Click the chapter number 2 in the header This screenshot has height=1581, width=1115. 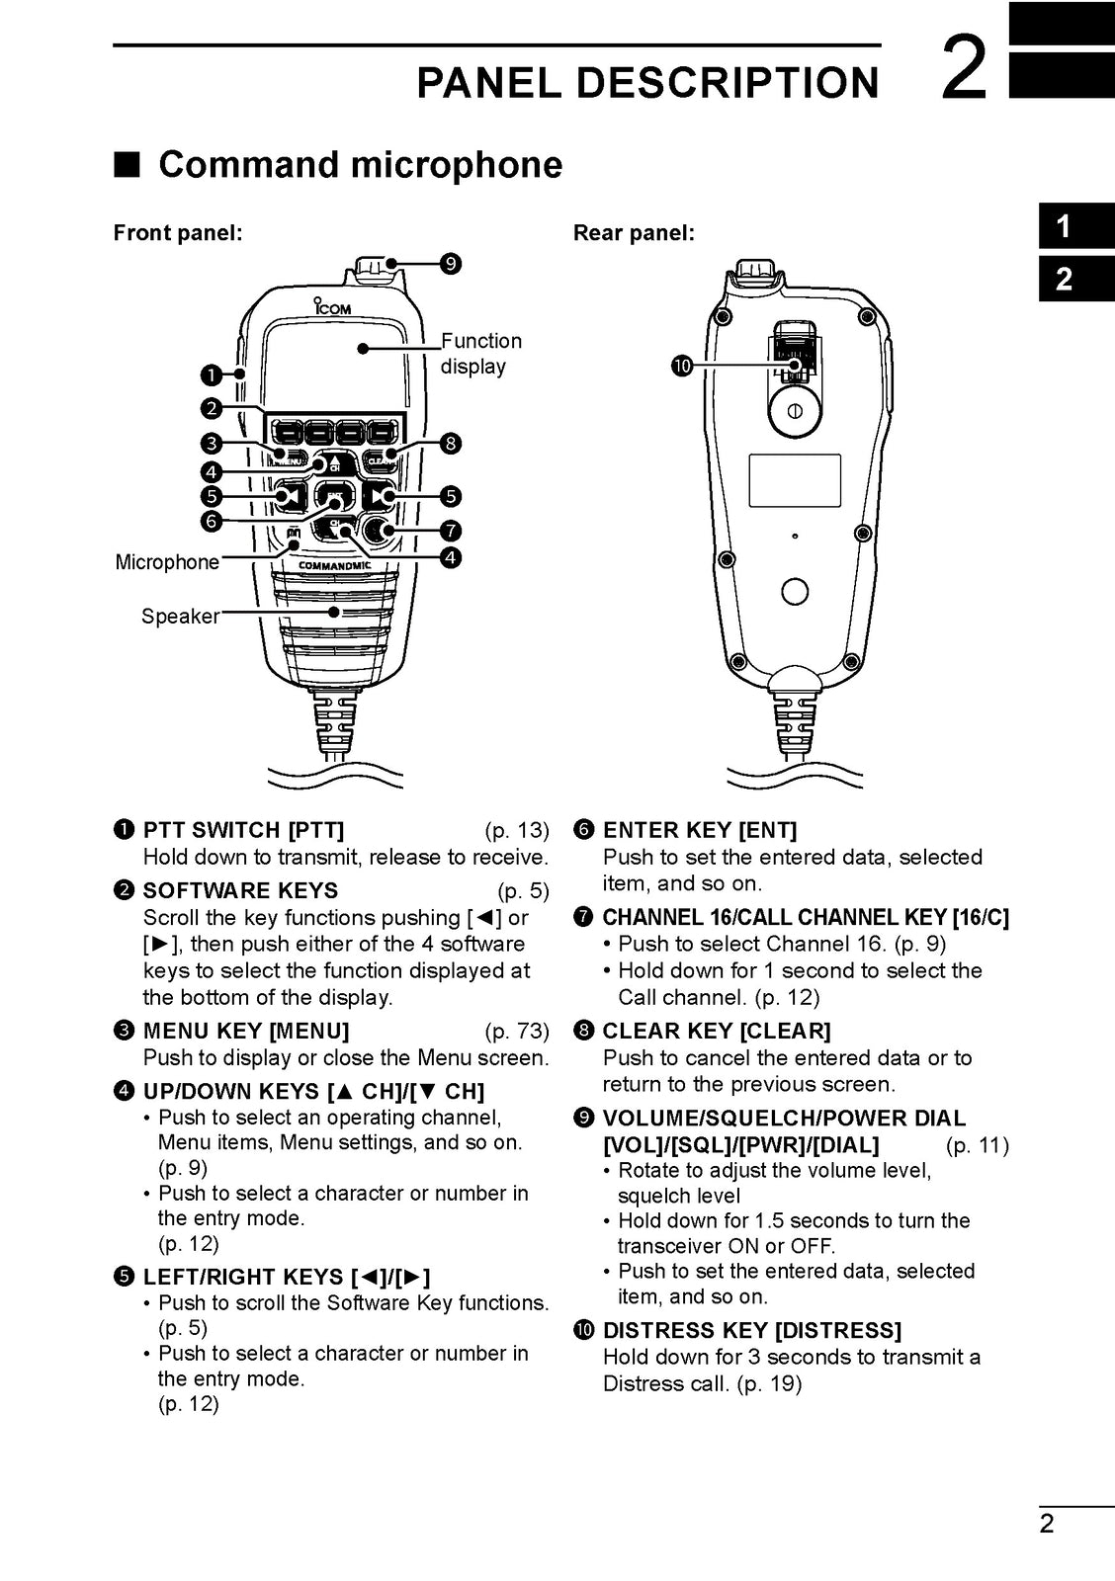coord(963,68)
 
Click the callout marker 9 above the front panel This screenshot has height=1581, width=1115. coord(451,264)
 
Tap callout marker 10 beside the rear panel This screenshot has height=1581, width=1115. coord(681,368)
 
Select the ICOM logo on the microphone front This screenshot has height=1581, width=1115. coord(332,307)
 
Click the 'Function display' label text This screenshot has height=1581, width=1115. coord(479,354)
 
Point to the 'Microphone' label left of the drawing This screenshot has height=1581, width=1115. coord(167,562)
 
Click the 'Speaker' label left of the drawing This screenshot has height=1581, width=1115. coord(180,617)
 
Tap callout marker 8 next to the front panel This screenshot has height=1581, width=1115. coord(451,443)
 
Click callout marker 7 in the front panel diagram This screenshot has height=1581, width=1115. coord(451,530)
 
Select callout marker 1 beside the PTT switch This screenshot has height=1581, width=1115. coord(211,374)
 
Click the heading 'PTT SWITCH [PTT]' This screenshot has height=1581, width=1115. coord(243,830)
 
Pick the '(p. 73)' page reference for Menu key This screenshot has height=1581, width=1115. coord(516,1032)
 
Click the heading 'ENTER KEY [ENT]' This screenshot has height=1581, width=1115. coord(699,830)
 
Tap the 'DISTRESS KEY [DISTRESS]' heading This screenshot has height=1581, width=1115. coord(751,1330)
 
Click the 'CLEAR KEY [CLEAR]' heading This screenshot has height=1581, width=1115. coord(716,1032)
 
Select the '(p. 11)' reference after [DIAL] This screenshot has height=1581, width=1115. coord(977,1146)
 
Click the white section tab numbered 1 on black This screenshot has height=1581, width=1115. coord(1064,226)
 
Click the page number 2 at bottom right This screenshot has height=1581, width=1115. coord(1047,1523)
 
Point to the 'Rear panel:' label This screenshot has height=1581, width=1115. coord(634,233)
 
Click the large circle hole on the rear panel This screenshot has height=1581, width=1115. coord(795,591)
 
